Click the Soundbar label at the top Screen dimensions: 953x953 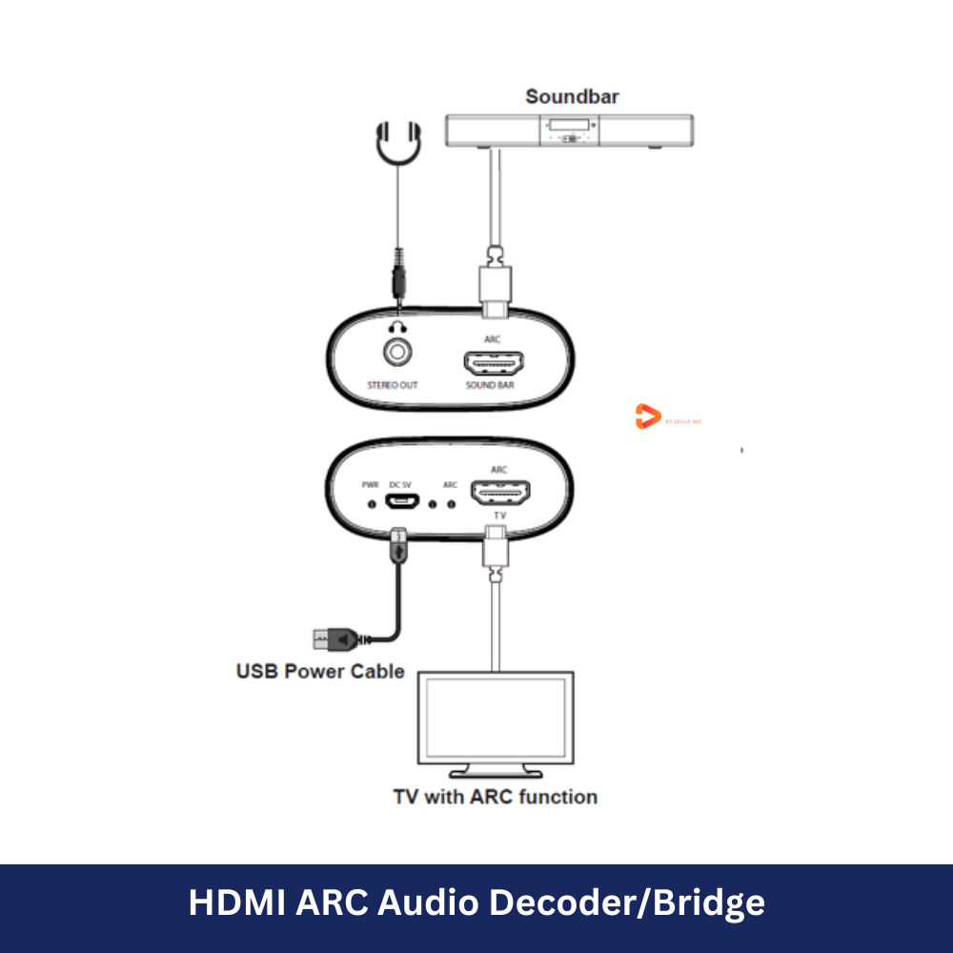point(572,96)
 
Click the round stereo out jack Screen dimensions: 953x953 point(398,352)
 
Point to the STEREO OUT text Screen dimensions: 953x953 point(393,386)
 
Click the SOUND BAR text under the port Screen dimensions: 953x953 point(490,386)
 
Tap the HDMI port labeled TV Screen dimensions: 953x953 point(502,492)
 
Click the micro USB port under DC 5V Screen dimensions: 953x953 point(400,501)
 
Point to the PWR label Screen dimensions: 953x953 point(371,485)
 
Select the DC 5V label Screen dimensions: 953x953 point(401,485)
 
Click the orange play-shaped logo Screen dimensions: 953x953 point(647,416)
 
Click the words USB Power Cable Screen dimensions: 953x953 point(320,671)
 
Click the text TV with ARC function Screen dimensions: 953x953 point(496,797)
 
